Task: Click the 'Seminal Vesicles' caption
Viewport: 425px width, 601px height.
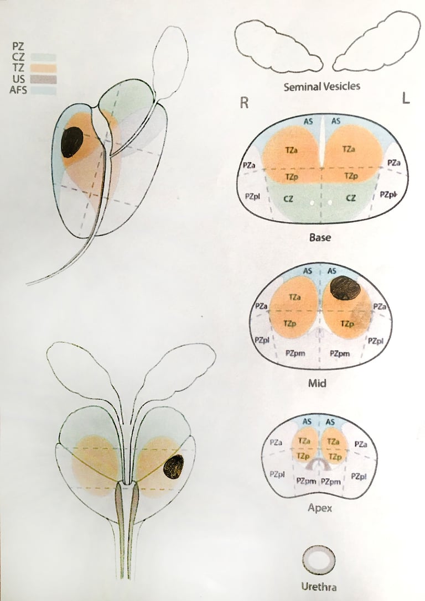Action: pos(322,86)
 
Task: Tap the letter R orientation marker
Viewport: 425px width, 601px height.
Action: pos(243,102)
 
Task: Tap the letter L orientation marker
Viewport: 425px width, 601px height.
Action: pos(406,100)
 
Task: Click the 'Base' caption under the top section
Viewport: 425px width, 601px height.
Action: pos(320,238)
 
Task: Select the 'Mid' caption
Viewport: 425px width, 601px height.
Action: pos(321,381)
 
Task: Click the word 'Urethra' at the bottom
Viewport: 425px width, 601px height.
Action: pos(319,587)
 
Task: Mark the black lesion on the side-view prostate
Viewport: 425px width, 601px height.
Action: pos(72,142)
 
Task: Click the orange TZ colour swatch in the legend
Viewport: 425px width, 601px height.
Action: pos(43,68)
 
